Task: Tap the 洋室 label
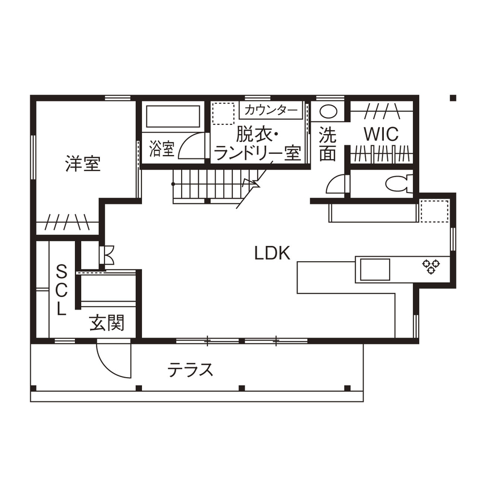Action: tap(82, 165)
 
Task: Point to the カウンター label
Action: tap(271, 110)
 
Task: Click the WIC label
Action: tap(381, 134)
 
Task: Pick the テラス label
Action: tap(190, 370)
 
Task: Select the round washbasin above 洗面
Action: tap(328, 110)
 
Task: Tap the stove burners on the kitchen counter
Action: tap(429, 266)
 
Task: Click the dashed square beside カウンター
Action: tap(224, 114)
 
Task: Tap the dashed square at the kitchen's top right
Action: tap(435, 210)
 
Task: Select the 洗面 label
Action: tap(327, 144)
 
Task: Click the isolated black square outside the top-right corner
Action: tap(453, 98)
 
